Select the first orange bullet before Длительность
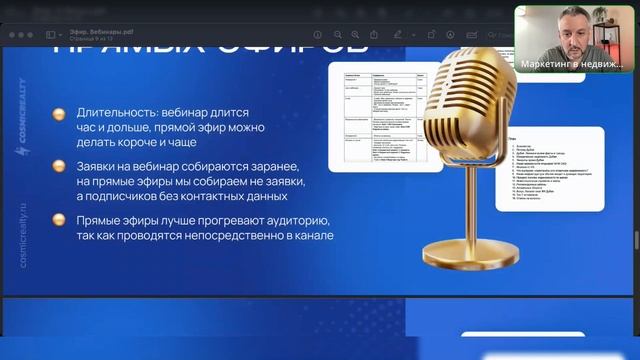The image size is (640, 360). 60,115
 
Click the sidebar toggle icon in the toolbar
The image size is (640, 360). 51,35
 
